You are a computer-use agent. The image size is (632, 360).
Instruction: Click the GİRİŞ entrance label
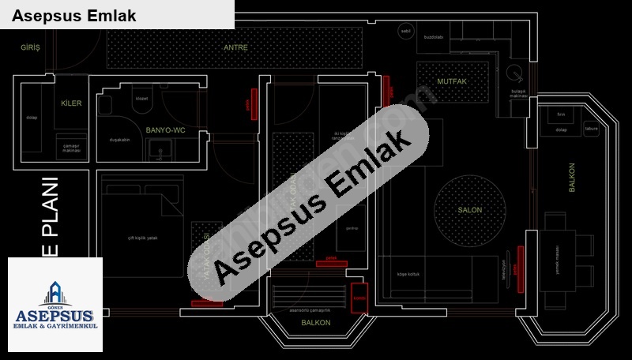[30, 47]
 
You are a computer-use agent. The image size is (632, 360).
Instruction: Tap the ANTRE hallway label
[235, 47]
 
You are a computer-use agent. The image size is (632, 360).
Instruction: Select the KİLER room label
[71, 103]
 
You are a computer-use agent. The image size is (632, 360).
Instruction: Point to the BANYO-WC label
[166, 129]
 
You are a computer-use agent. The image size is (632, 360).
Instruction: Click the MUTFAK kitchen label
[452, 81]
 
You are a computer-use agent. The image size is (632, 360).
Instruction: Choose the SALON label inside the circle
[470, 211]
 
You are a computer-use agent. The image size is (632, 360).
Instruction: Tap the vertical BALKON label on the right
[572, 178]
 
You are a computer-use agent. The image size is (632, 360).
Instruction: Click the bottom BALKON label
[316, 323]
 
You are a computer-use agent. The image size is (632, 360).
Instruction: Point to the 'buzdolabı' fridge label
[434, 36]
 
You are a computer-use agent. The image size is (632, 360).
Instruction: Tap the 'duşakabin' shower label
[119, 140]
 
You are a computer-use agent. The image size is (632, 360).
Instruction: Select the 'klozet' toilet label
[142, 99]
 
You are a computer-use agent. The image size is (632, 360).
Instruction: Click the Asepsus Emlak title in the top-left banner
[74, 15]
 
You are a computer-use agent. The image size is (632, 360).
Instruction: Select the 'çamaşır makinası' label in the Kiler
[72, 148]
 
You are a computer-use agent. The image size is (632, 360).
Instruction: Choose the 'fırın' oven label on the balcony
[561, 114]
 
